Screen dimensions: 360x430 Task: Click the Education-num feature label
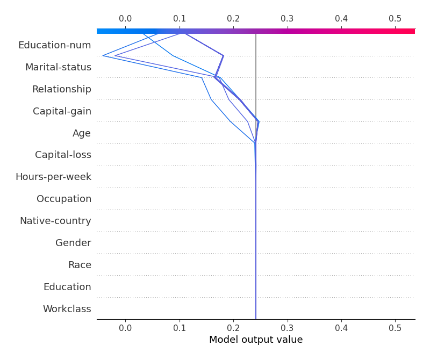(x=54, y=45)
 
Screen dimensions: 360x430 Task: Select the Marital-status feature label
(x=58, y=67)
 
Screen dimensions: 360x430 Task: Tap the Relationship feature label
(x=61, y=89)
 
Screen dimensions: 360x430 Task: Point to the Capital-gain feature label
(x=62, y=111)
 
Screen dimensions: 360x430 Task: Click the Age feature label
(x=82, y=133)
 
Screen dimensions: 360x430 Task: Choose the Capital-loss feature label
(x=63, y=155)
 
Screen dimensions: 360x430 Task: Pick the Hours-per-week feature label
(x=53, y=177)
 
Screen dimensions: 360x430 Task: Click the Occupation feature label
(x=63, y=199)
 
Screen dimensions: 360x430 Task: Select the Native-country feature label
(x=55, y=221)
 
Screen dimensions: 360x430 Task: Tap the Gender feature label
(x=73, y=243)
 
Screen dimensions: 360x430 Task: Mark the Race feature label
(x=80, y=265)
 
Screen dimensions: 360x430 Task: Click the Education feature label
(x=67, y=287)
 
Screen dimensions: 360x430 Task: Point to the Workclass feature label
(x=67, y=309)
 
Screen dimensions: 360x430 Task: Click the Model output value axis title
(x=256, y=340)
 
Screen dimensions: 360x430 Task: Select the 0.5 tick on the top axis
(x=395, y=19)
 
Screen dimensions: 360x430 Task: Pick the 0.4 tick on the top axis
(x=341, y=19)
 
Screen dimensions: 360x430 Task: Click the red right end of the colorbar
(x=411, y=31)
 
